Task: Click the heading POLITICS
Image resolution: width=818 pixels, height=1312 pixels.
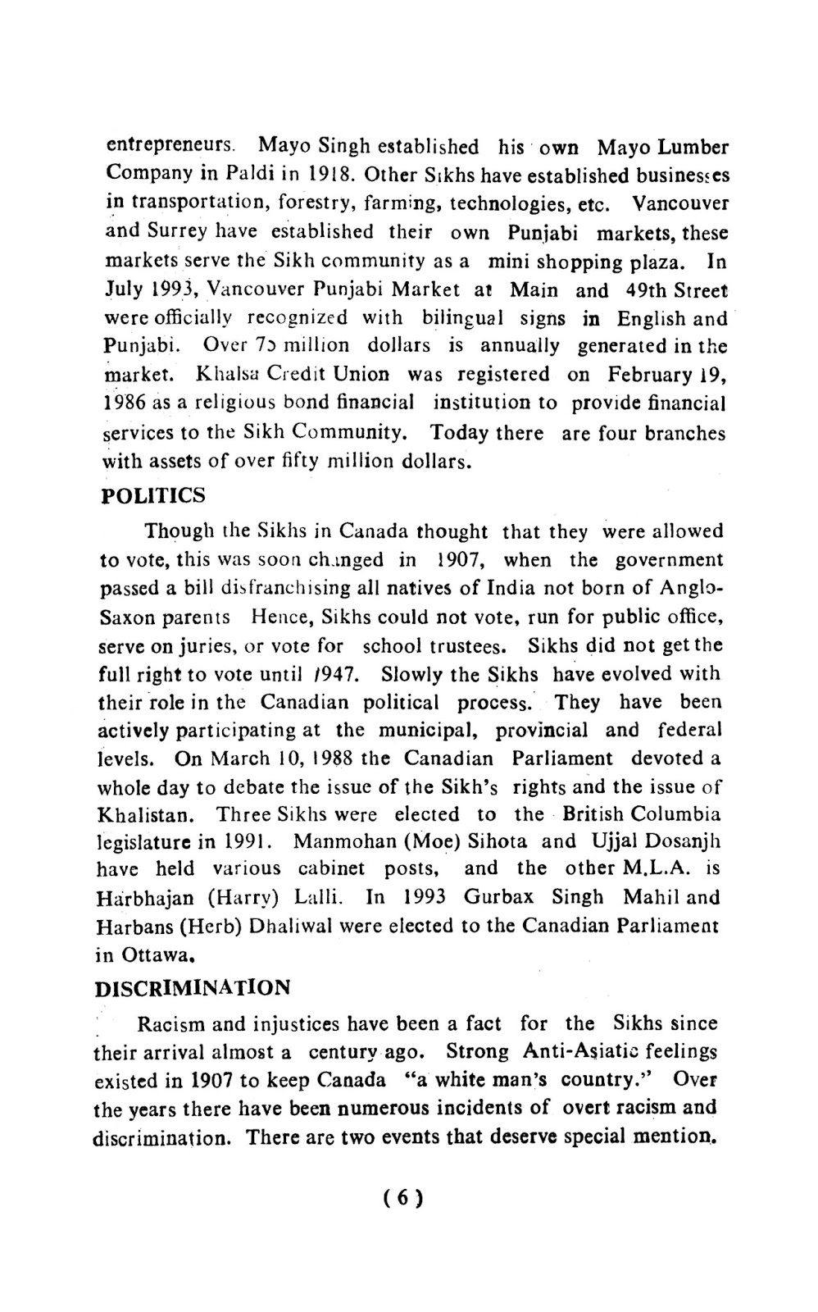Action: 153,496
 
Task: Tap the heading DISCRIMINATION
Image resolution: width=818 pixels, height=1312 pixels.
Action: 193,987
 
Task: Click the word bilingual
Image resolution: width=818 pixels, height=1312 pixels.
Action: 465,317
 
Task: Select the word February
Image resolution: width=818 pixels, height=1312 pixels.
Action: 652,374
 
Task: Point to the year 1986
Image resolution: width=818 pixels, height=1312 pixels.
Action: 124,403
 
